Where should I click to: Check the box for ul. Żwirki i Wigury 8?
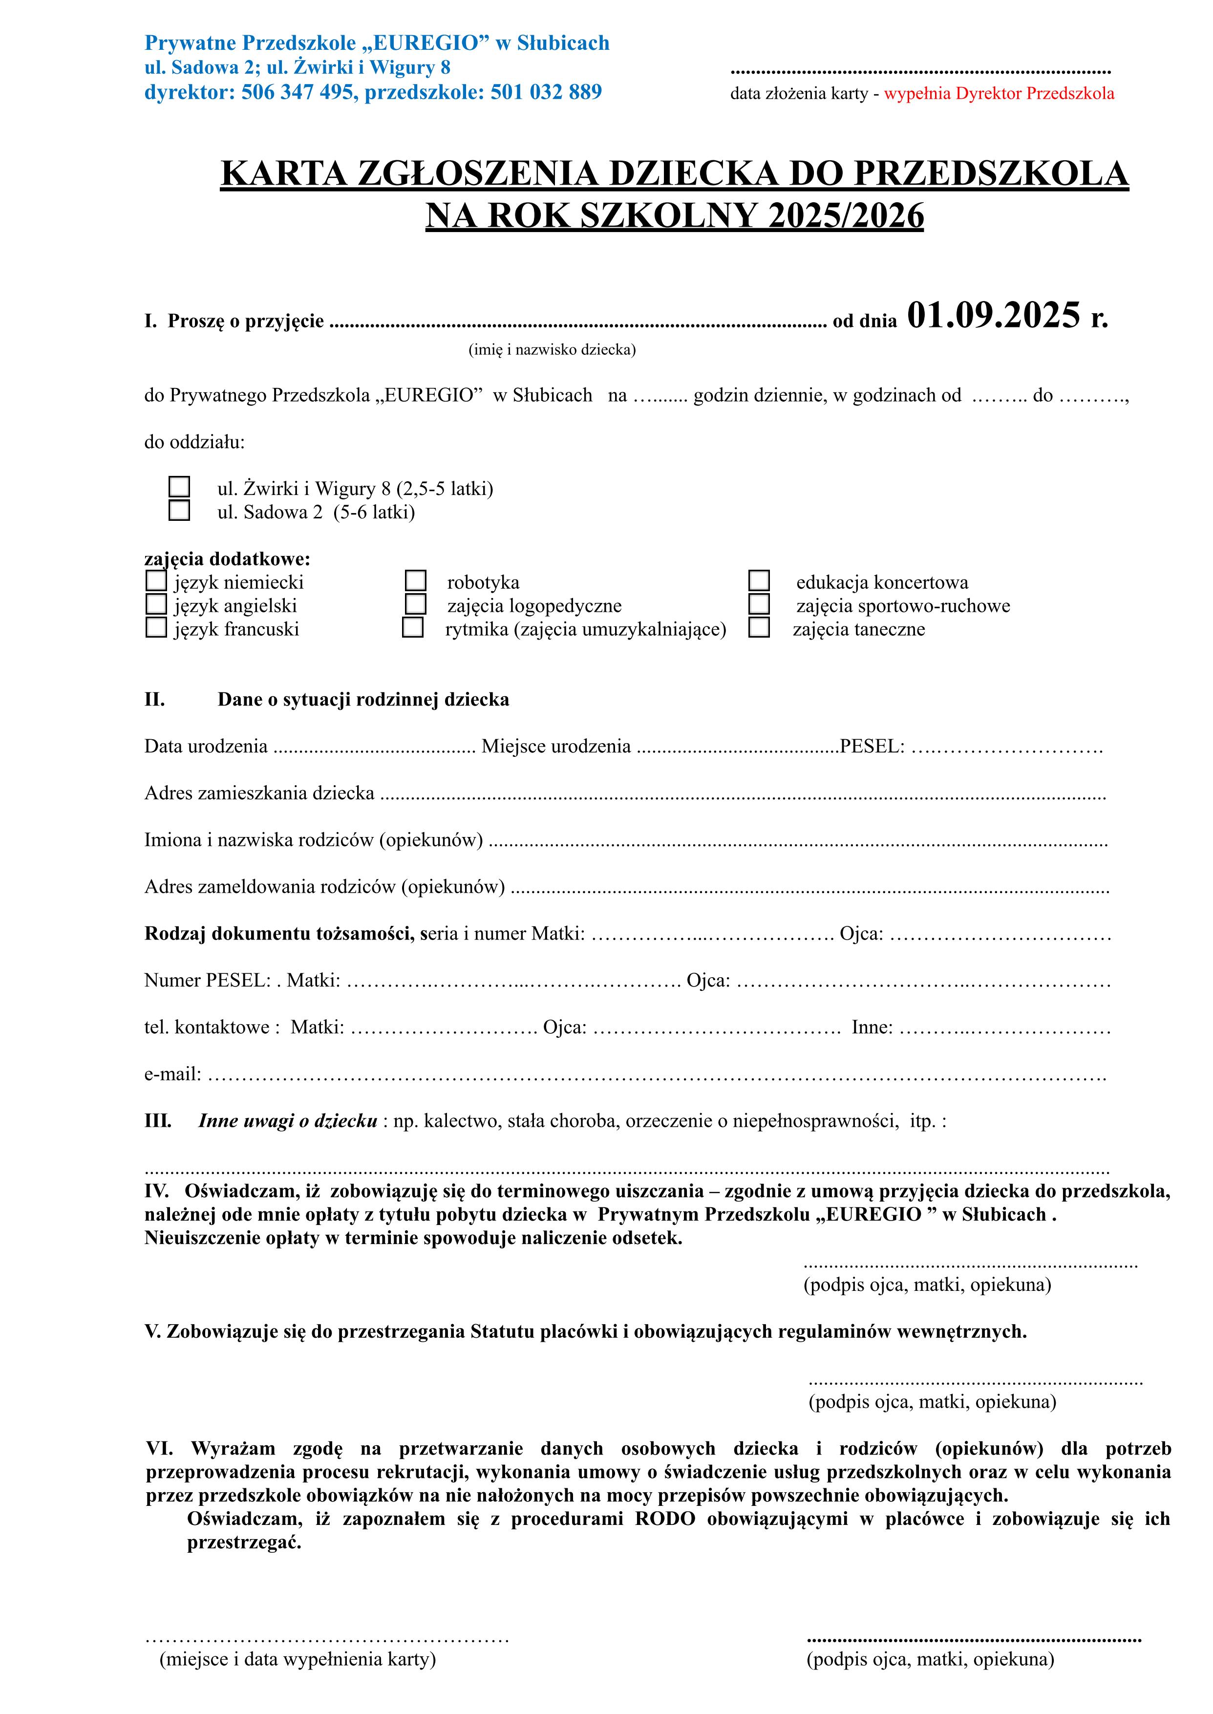tap(179, 487)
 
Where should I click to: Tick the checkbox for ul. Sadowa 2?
tap(179, 511)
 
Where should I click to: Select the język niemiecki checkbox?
tap(156, 580)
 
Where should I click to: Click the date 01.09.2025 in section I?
tap(993, 316)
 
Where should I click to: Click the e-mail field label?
tap(172, 1074)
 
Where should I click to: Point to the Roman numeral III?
tap(158, 1121)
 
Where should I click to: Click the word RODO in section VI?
tap(665, 1519)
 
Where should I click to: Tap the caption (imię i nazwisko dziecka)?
tap(552, 349)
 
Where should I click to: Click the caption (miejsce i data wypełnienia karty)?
tap(298, 1680)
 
